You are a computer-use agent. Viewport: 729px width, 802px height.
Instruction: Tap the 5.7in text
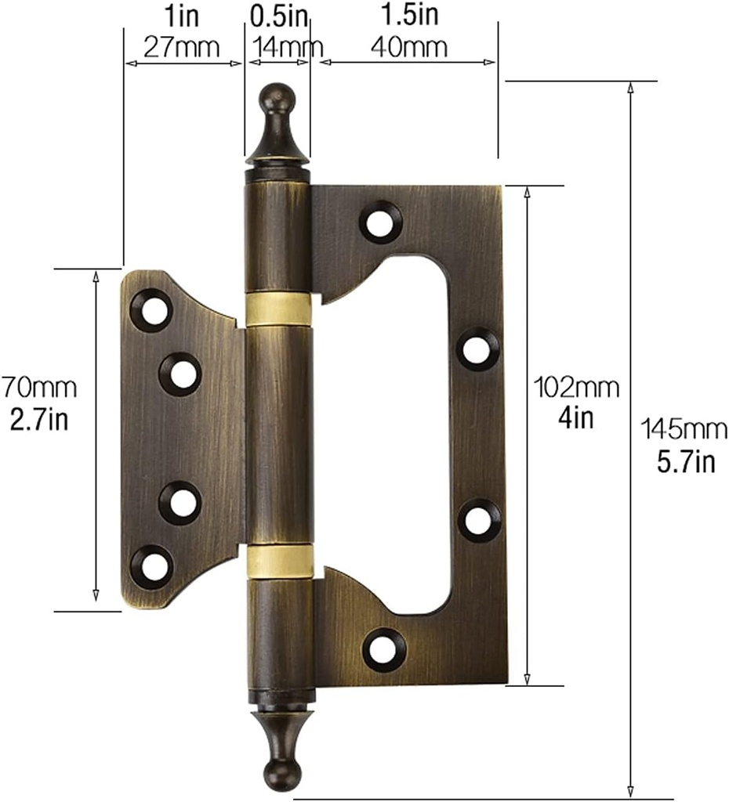pyautogui.click(x=686, y=461)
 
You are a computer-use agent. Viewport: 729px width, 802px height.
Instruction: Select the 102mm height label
pyautogui.click(x=576, y=387)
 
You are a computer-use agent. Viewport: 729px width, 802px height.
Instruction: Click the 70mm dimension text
pyautogui.click(x=38, y=387)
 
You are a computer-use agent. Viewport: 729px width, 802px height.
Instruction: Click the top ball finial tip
pyautogui.click(x=277, y=97)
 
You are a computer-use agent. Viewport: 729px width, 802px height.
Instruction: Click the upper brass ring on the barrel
pyautogui.click(x=278, y=309)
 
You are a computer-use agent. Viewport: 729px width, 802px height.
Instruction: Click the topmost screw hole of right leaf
pyautogui.click(x=381, y=222)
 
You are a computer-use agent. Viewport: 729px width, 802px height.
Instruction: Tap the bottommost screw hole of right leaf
pyautogui.click(x=384, y=650)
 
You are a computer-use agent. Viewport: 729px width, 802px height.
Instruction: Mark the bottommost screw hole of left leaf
pyautogui.click(x=151, y=565)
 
